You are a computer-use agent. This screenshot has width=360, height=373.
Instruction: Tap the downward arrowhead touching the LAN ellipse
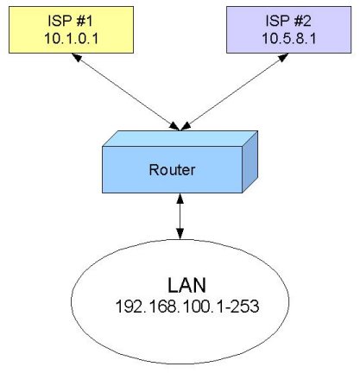tap(180, 234)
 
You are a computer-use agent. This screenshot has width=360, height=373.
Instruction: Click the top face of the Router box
tap(181, 139)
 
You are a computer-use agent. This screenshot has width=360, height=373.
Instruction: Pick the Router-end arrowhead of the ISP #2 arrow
tap(185, 127)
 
